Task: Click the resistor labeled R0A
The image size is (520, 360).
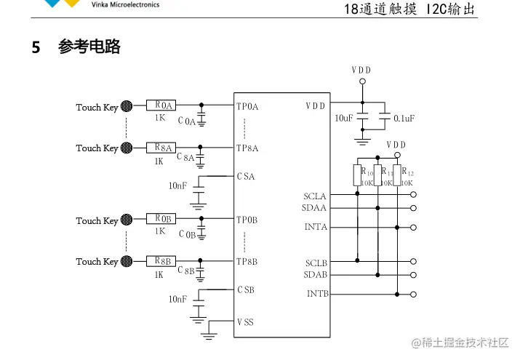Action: pyautogui.click(x=162, y=106)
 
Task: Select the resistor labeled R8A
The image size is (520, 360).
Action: pyautogui.click(x=162, y=148)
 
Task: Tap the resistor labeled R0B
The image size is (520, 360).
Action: pyautogui.click(x=162, y=219)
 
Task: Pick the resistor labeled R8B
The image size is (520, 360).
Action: pyautogui.click(x=162, y=260)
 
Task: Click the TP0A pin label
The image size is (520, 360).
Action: pyautogui.click(x=247, y=107)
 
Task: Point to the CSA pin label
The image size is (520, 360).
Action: pyautogui.click(x=246, y=176)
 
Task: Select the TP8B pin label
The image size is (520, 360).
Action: pyautogui.click(x=247, y=261)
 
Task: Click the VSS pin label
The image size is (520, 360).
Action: pyautogui.click(x=246, y=321)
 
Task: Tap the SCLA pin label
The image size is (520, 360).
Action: pyautogui.click(x=315, y=196)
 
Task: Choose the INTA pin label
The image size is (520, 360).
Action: pyautogui.click(x=316, y=227)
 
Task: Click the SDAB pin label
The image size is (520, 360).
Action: pyautogui.click(x=315, y=274)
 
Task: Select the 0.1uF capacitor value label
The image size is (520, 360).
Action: pyautogui.click(x=404, y=118)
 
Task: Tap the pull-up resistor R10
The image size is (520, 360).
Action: pyautogui.click(x=357, y=175)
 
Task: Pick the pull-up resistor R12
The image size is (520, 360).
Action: pyautogui.click(x=397, y=175)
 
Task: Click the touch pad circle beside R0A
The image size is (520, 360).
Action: pyautogui.click(x=126, y=106)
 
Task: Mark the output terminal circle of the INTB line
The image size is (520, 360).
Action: pyautogui.click(x=414, y=295)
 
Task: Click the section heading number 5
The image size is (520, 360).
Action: pyautogui.click(x=36, y=48)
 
